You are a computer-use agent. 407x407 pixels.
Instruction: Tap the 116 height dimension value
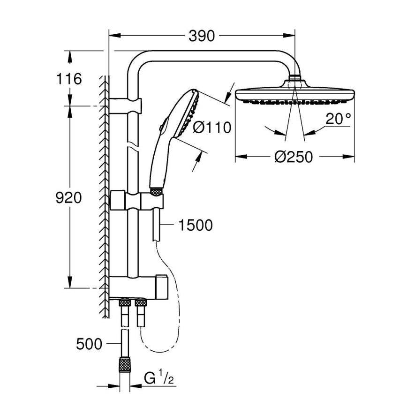[x=69, y=78]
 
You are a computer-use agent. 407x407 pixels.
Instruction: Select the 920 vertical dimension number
[x=68, y=198]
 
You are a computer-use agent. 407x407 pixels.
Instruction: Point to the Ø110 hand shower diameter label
[x=212, y=127]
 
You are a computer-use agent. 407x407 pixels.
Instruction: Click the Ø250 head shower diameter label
[x=294, y=157]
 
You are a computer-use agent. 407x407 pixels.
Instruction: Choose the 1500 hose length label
[x=195, y=226]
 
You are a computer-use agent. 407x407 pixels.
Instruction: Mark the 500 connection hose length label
[x=89, y=344]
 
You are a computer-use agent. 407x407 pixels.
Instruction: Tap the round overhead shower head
[x=294, y=94]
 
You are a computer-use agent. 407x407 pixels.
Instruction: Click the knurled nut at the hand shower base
[x=156, y=191]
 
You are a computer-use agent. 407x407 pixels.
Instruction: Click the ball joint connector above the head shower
[x=294, y=78]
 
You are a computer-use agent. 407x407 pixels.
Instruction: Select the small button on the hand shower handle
[x=161, y=125]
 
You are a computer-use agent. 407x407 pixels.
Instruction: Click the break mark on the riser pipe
[x=133, y=150]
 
